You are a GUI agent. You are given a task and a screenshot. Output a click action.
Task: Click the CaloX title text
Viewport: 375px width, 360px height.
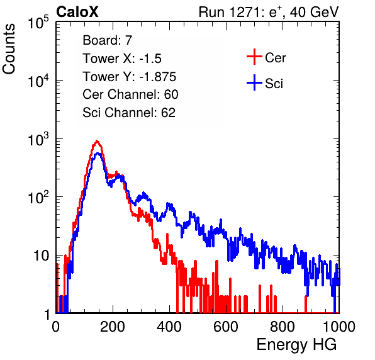pyautogui.click(x=77, y=12)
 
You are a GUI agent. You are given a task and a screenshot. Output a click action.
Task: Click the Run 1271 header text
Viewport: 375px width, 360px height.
pyautogui.click(x=269, y=12)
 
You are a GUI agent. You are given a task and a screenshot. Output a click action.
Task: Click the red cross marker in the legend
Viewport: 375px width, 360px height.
pyautogui.click(x=254, y=57)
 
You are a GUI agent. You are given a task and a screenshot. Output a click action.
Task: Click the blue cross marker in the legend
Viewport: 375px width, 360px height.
pyautogui.click(x=254, y=82)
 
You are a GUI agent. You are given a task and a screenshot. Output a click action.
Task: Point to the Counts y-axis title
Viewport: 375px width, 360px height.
pyautogui.click(x=9, y=49)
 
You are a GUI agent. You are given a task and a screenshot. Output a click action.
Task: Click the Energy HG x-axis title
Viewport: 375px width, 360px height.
pyautogui.click(x=296, y=344)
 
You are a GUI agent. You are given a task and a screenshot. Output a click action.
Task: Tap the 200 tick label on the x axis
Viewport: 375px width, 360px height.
pyautogui.click(x=113, y=327)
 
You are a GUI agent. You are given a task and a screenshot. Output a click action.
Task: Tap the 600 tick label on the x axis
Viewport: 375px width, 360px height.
pyautogui.click(x=226, y=327)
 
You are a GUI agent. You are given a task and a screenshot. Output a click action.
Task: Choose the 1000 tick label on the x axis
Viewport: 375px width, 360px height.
pyautogui.click(x=339, y=327)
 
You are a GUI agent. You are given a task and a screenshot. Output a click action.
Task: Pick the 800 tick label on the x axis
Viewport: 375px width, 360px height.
pyautogui.click(x=283, y=327)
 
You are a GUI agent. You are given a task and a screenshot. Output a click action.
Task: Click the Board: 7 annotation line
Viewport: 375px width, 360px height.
pyautogui.click(x=108, y=40)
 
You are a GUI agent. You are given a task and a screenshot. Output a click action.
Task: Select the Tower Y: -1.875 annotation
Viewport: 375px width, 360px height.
pyautogui.click(x=130, y=77)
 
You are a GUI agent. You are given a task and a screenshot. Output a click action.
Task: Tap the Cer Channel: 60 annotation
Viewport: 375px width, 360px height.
pyautogui.click(x=130, y=94)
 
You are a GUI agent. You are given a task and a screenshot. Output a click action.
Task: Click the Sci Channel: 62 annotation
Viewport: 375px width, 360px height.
pyautogui.click(x=129, y=113)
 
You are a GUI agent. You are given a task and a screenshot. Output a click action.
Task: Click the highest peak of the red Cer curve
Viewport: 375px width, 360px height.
pyautogui.click(x=97, y=141)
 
